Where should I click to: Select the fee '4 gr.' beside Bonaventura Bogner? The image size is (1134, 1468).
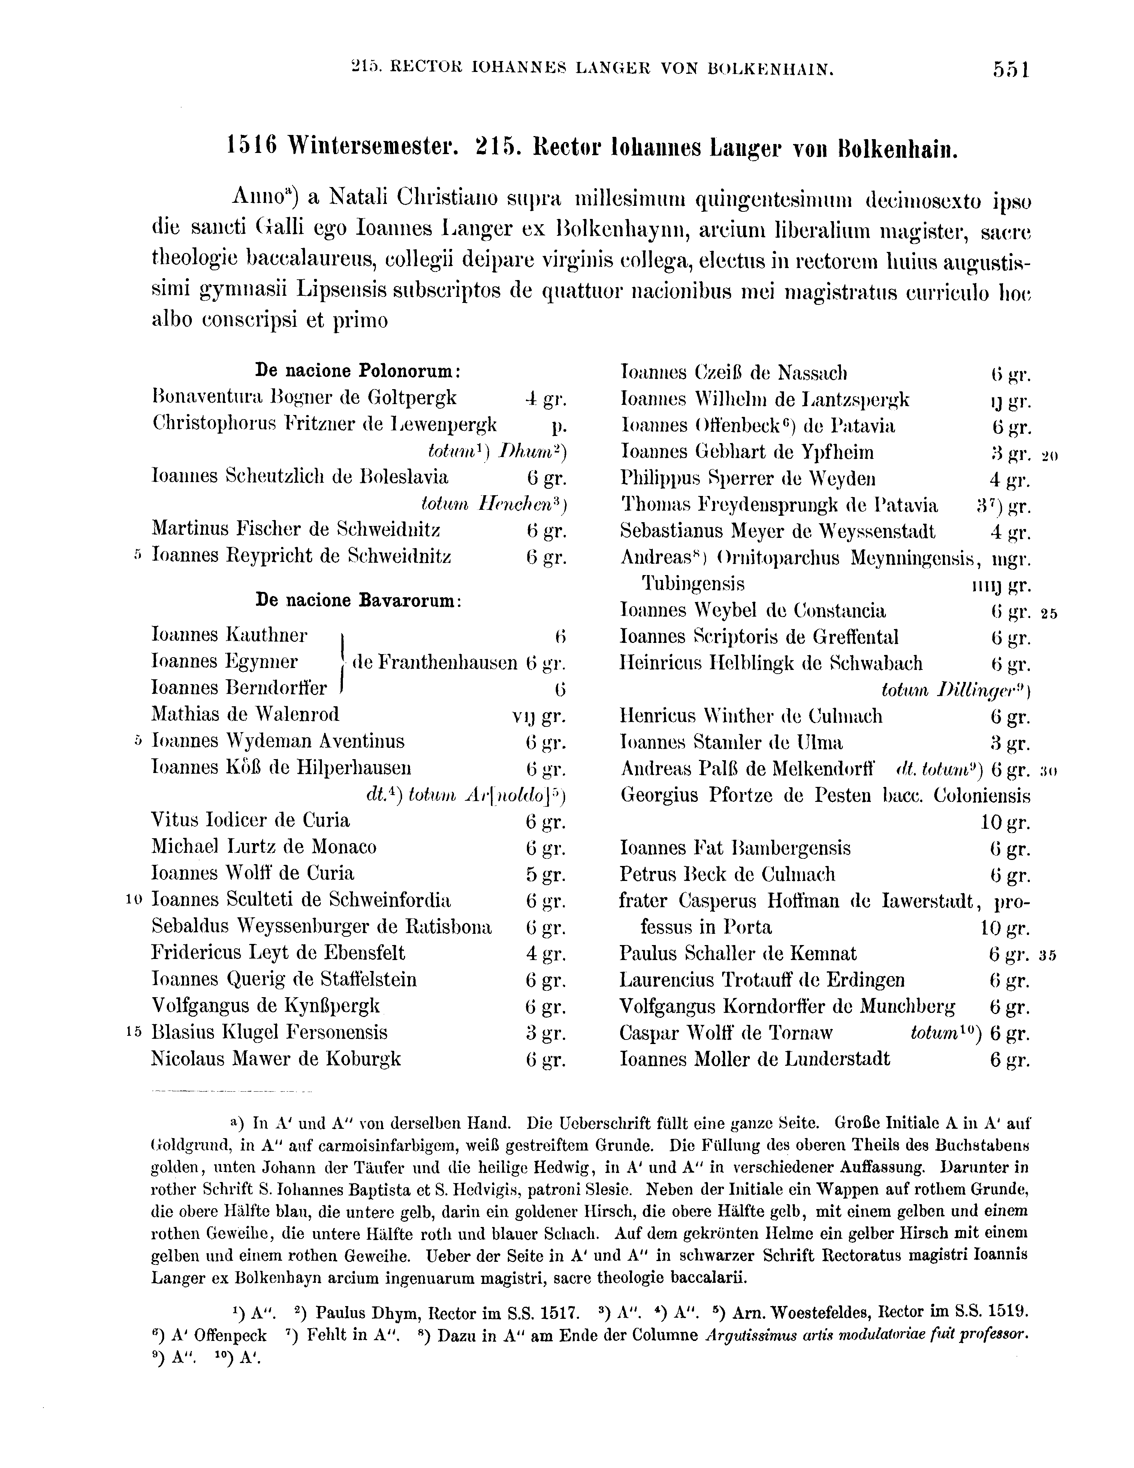[x=546, y=398]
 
